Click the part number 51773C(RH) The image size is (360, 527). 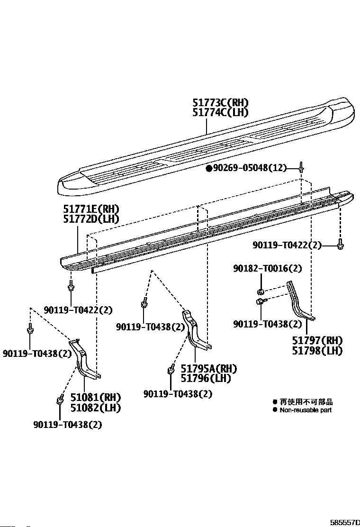[220, 103]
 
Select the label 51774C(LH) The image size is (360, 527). [220, 112]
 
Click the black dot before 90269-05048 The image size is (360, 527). [208, 168]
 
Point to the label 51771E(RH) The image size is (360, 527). [91, 209]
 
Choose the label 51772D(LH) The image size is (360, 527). [91, 218]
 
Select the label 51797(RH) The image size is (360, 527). [317, 341]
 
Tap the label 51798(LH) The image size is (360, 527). [317, 351]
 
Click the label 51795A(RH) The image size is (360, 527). [208, 369]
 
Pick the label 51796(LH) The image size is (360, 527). [206, 378]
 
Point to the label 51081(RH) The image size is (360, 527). [96, 397]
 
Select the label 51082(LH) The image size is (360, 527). [96, 407]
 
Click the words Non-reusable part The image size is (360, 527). [306, 410]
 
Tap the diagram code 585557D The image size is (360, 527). [345, 522]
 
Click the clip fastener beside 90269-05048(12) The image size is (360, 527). [301, 167]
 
